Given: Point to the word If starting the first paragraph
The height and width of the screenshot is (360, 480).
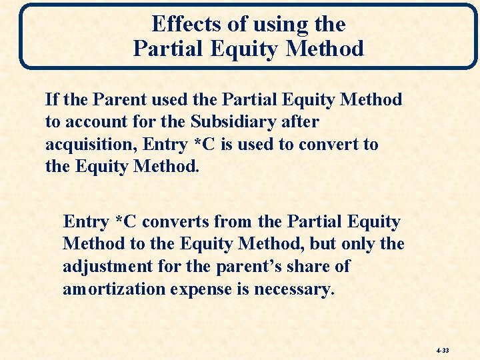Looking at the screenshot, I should pos(52,100).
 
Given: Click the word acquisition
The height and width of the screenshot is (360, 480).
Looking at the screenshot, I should pos(85,145).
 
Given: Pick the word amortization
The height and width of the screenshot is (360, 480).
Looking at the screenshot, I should pos(114,289).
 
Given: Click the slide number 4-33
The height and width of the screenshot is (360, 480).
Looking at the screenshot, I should pos(443,349).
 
